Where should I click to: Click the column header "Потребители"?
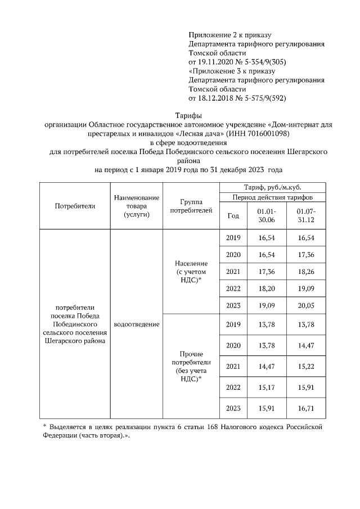point(75,206)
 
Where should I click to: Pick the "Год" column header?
point(233,215)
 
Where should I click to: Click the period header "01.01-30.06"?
point(266,215)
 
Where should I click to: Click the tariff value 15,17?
point(266,387)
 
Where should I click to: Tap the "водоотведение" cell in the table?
point(136,325)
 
